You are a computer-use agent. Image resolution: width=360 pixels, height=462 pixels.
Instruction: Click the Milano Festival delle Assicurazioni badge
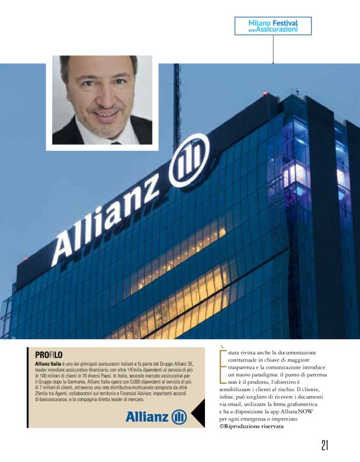[x=273, y=25]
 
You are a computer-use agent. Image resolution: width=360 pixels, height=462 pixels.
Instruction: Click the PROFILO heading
[x=48, y=354]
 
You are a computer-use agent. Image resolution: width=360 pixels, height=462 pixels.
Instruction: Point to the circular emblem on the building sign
[x=189, y=160]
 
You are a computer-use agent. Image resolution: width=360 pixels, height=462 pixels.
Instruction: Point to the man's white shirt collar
[x=113, y=137]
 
